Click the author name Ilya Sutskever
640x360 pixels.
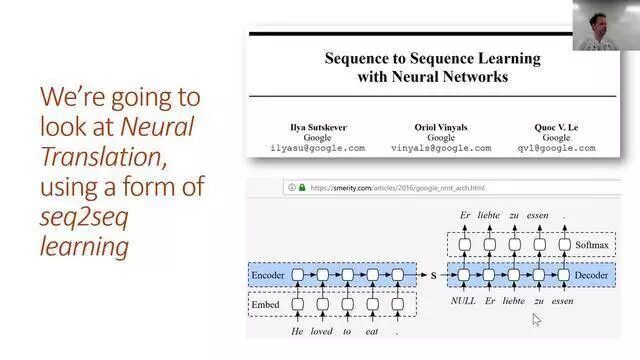click(x=318, y=127)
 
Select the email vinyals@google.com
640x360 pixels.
click(x=441, y=148)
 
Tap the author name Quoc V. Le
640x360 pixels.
click(x=556, y=127)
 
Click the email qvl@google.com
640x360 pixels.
click(x=556, y=148)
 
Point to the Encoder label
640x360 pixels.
click(x=268, y=275)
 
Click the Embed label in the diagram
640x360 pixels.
click(x=265, y=304)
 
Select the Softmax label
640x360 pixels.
click(x=592, y=245)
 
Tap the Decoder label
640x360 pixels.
click(x=591, y=275)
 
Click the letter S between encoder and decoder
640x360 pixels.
click(x=433, y=276)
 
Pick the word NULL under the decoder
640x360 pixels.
click(x=463, y=301)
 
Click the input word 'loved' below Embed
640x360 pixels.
click(x=322, y=331)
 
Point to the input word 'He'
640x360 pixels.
click(x=297, y=331)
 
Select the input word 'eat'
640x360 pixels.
click(x=372, y=332)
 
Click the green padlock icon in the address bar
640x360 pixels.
click(x=302, y=188)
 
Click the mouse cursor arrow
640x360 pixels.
click(x=536, y=320)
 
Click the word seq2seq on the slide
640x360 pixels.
click(x=84, y=217)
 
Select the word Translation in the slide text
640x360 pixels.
click(x=103, y=156)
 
